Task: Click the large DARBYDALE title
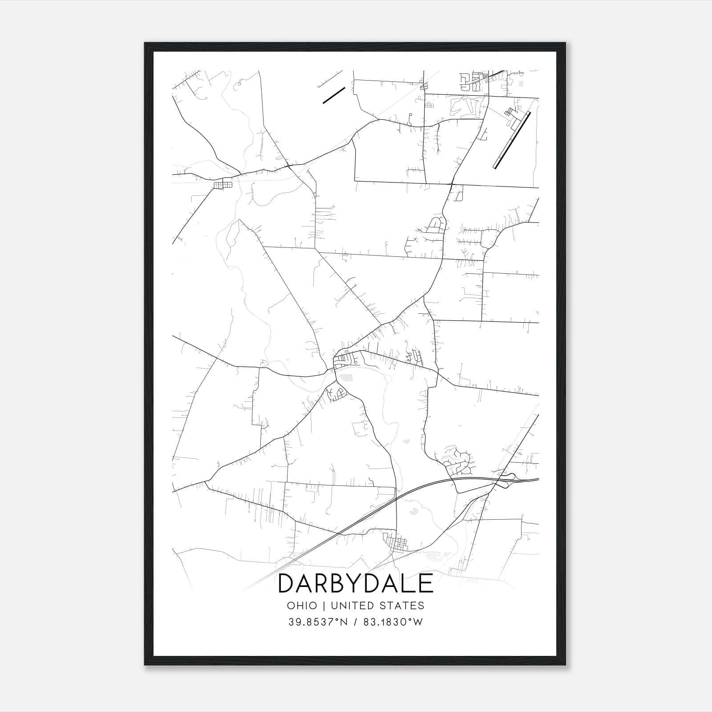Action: point(356,583)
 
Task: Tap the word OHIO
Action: point(302,605)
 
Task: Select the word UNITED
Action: point(353,605)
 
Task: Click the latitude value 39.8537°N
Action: point(317,622)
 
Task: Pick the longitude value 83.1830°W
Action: point(393,622)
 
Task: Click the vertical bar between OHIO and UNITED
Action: point(323,605)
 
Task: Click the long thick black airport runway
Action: point(512,140)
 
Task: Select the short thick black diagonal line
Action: point(334,95)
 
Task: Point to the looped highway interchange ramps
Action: point(507,480)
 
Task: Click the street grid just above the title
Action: point(397,544)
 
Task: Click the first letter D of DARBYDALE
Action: point(286,583)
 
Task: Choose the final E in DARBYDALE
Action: point(426,583)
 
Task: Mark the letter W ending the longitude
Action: point(417,622)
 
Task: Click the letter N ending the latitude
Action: point(343,622)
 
